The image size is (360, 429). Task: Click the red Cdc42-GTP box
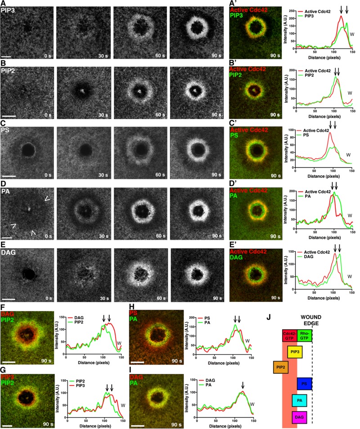tap(289, 335)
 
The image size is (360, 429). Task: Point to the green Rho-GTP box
tap(305, 335)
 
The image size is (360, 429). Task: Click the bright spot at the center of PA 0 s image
tap(28, 209)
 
